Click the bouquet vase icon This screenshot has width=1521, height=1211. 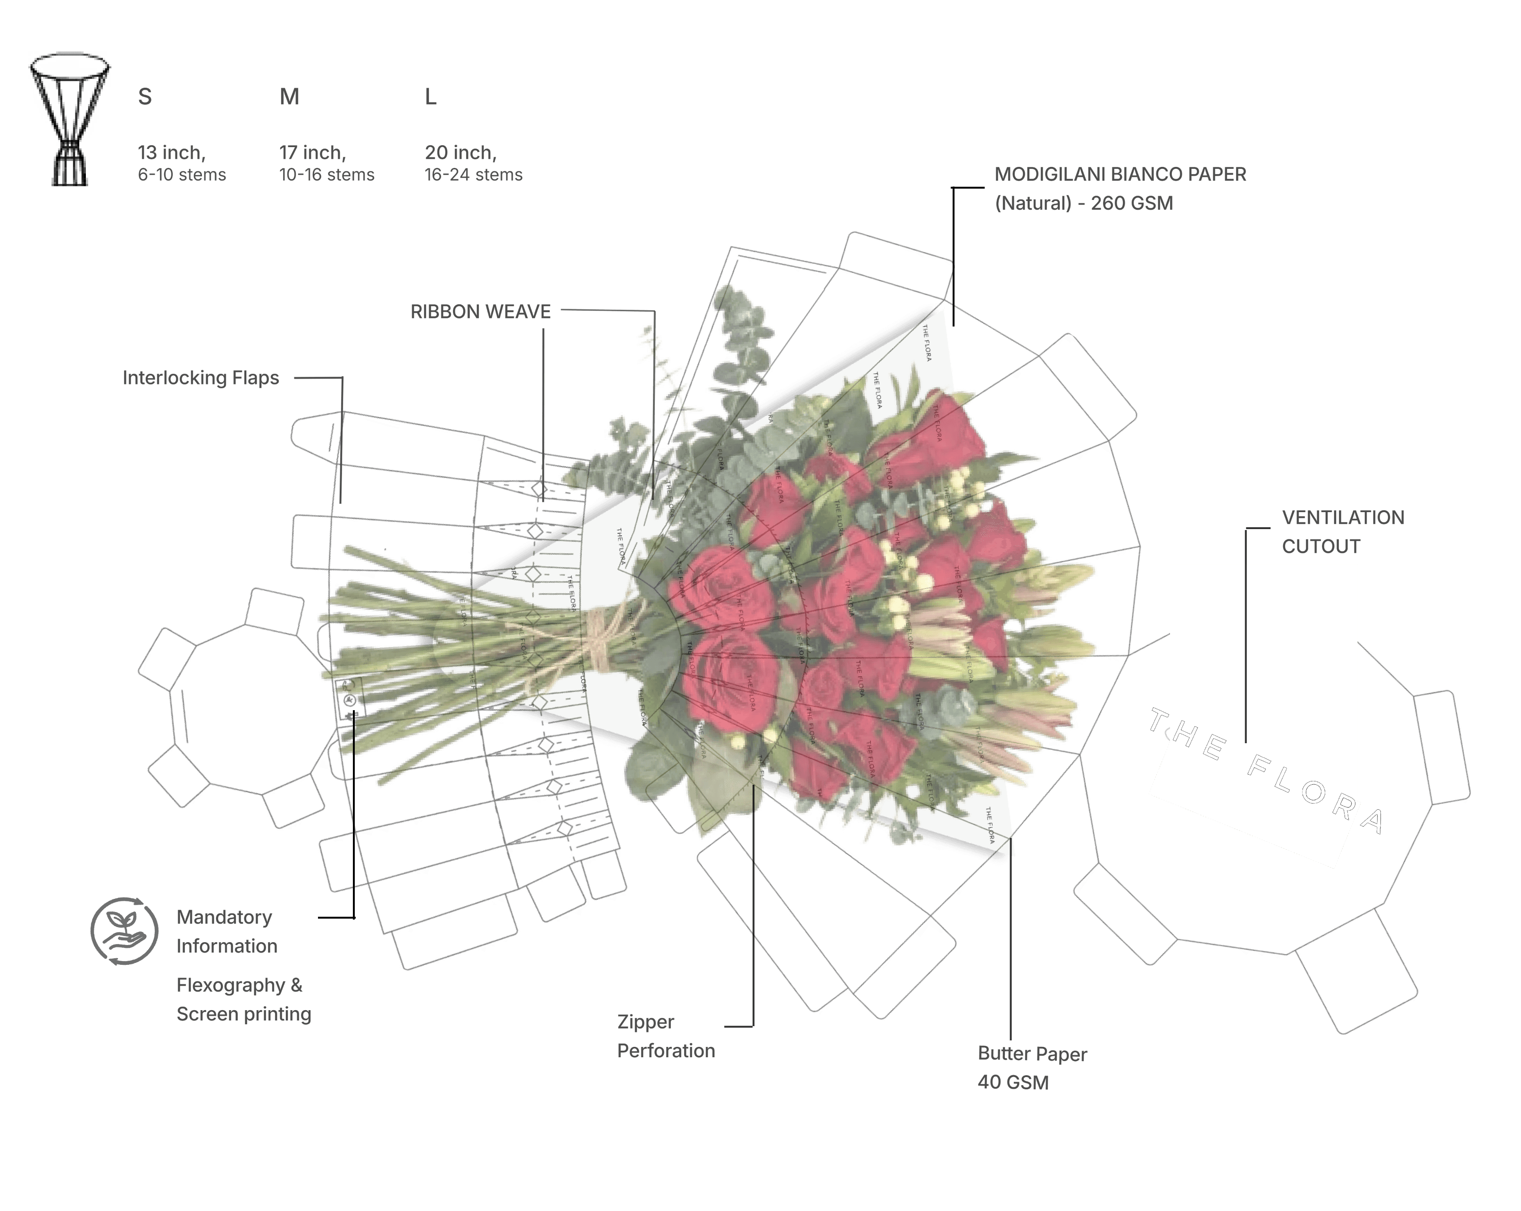pos(69,118)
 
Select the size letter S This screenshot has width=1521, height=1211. pos(145,97)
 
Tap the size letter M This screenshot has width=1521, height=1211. pos(289,97)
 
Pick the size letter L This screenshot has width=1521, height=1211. pos(430,97)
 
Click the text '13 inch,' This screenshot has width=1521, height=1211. pos(171,152)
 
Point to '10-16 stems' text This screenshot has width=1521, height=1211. pos(326,175)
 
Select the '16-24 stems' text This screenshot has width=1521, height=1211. pos(473,175)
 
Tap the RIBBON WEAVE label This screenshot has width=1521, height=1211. pos(480,312)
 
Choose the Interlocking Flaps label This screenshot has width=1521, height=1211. pos(201,378)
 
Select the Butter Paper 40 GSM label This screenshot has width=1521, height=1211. pos(1031,1068)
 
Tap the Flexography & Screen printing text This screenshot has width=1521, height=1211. pos(243,999)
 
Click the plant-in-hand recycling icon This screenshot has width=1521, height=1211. pos(124,931)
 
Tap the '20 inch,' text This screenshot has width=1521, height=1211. pos(460,152)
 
